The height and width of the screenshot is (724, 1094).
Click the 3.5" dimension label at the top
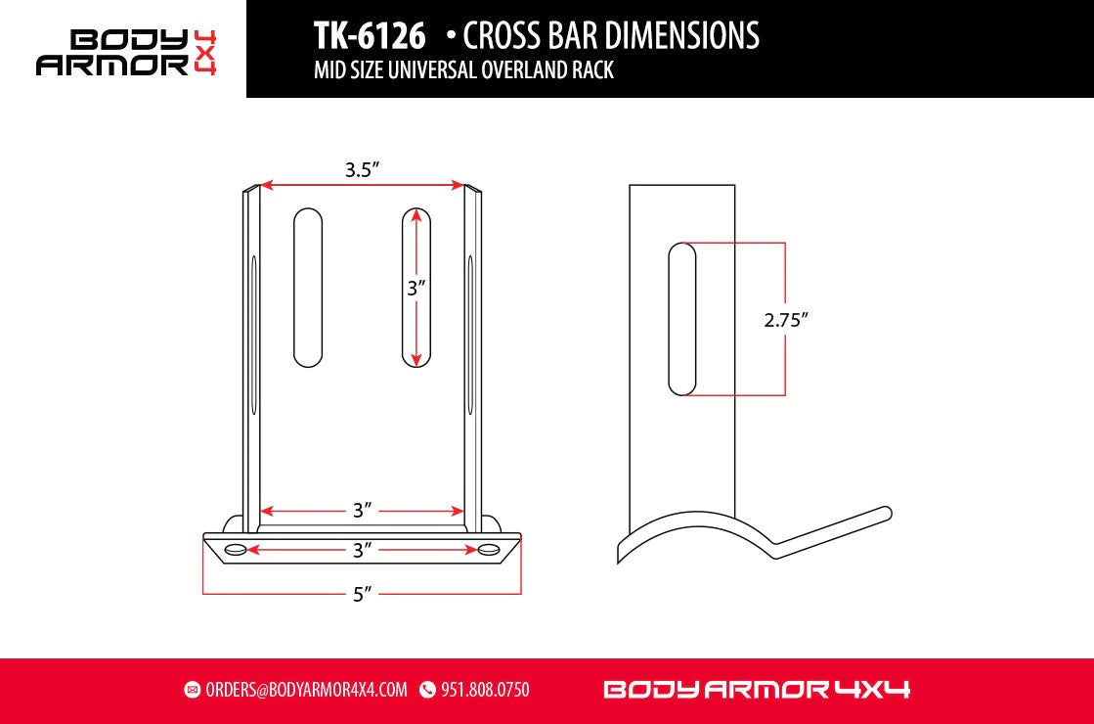(362, 170)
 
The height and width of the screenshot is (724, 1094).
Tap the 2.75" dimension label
(787, 319)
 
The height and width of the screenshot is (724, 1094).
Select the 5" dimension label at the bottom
(362, 594)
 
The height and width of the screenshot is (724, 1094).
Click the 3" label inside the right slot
(417, 289)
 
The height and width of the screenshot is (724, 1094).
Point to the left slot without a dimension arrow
(308, 288)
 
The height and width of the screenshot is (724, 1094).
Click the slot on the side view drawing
(681, 320)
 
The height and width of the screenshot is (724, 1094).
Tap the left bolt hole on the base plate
(236, 550)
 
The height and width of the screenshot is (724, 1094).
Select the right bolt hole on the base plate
(489, 550)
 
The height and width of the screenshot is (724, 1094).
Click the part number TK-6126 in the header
(370, 36)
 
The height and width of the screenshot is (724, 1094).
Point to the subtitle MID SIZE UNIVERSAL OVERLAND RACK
(463, 70)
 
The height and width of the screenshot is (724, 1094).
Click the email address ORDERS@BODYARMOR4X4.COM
(306, 690)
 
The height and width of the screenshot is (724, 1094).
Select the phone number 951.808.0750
(485, 690)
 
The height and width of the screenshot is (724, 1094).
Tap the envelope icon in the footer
(192, 690)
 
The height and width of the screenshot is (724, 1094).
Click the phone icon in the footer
(427, 690)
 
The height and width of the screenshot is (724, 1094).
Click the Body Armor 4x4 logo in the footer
(757, 690)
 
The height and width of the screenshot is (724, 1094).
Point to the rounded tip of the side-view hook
(886, 512)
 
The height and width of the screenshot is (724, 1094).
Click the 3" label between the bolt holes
(363, 551)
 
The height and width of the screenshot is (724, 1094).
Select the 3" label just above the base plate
(363, 511)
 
